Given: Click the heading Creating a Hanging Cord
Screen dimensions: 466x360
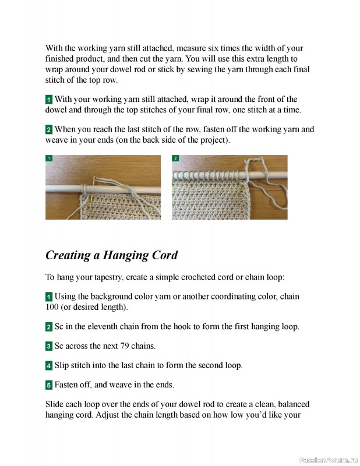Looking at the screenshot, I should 111,255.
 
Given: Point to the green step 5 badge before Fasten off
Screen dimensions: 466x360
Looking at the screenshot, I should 49,385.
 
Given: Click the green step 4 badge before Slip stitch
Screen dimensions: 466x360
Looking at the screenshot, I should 49,366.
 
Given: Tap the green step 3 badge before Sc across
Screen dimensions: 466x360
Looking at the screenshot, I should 49,346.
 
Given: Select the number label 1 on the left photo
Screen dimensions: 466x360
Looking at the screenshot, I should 49,158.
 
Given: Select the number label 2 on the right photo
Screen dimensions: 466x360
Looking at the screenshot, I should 175,158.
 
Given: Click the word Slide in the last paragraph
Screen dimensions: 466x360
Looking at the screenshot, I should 55,404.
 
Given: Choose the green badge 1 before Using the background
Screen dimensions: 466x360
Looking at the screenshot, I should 49,297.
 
